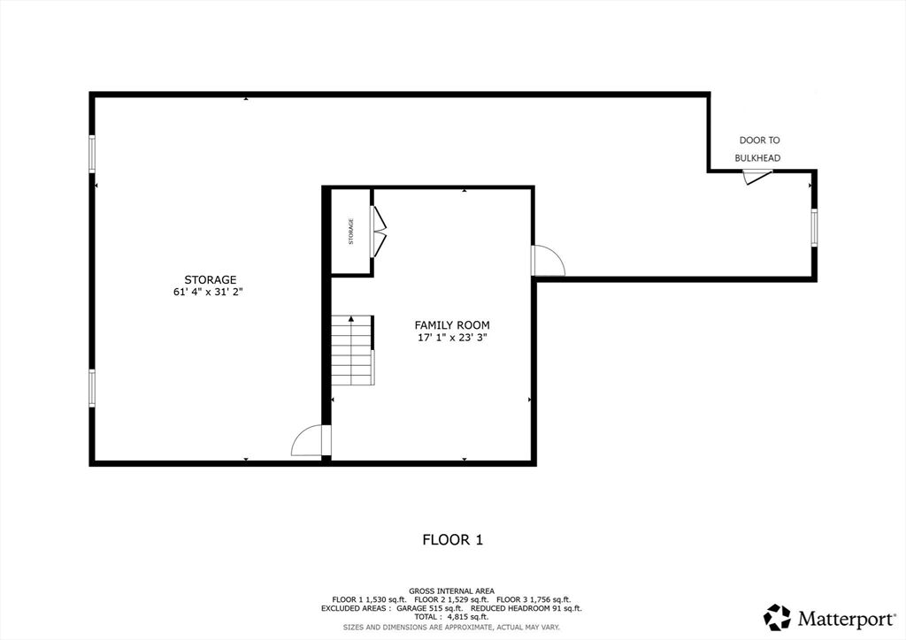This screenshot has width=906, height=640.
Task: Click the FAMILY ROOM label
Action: [x=452, y=325]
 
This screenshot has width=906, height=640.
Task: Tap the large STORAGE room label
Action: [x=211, y=280]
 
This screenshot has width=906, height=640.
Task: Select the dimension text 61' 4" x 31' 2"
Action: [x=208, y=292]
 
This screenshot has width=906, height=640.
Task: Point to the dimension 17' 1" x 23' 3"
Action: [x=452, y=338]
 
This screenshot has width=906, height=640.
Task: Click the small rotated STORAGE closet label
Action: [x=350, y=232]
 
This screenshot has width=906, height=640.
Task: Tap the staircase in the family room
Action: [x=352, y=350]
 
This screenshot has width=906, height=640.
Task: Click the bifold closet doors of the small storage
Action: [x=379, y=232]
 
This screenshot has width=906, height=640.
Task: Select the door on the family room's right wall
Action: [x=547, y=260]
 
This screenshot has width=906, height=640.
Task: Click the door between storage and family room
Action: [x=311, y=441]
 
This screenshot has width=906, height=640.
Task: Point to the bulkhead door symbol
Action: [x=756, y=176]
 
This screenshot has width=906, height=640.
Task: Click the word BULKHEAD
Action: [x=757, y=158]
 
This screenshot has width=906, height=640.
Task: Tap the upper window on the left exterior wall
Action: [x=92, y=154]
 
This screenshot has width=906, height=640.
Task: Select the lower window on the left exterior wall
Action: [x=92, y=388]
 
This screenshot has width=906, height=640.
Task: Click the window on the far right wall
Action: [x=814, y=228]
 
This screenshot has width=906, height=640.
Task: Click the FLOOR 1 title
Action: [x=452, y=540]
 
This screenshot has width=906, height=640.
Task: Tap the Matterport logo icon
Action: [x=777, y=618]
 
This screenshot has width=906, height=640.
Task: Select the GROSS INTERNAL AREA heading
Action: [x=452, y=591]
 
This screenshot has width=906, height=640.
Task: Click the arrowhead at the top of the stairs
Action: [x=350, y=318]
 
